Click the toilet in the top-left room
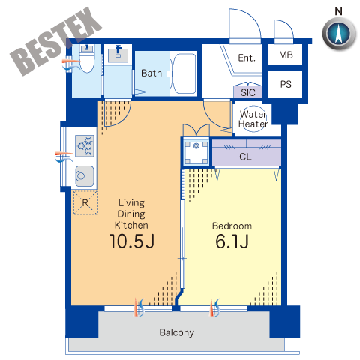(87, 58)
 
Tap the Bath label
(151, 73)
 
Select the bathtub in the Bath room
(184, 73)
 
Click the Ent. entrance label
(247, 58)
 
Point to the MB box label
(286, 55)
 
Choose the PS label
(286, 84)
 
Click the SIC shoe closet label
(248, 92)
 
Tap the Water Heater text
(253, 119)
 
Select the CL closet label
(245, 157)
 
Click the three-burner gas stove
(85, 146)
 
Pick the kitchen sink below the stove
(85, 176)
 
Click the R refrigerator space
(85, 202)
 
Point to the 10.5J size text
(132, 241)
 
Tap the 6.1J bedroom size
(232, 241)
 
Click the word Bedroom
(232, 226)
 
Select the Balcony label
(177, 332)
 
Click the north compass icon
(339, 34)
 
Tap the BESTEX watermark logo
(56, 41)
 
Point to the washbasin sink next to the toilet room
(118, 54)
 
